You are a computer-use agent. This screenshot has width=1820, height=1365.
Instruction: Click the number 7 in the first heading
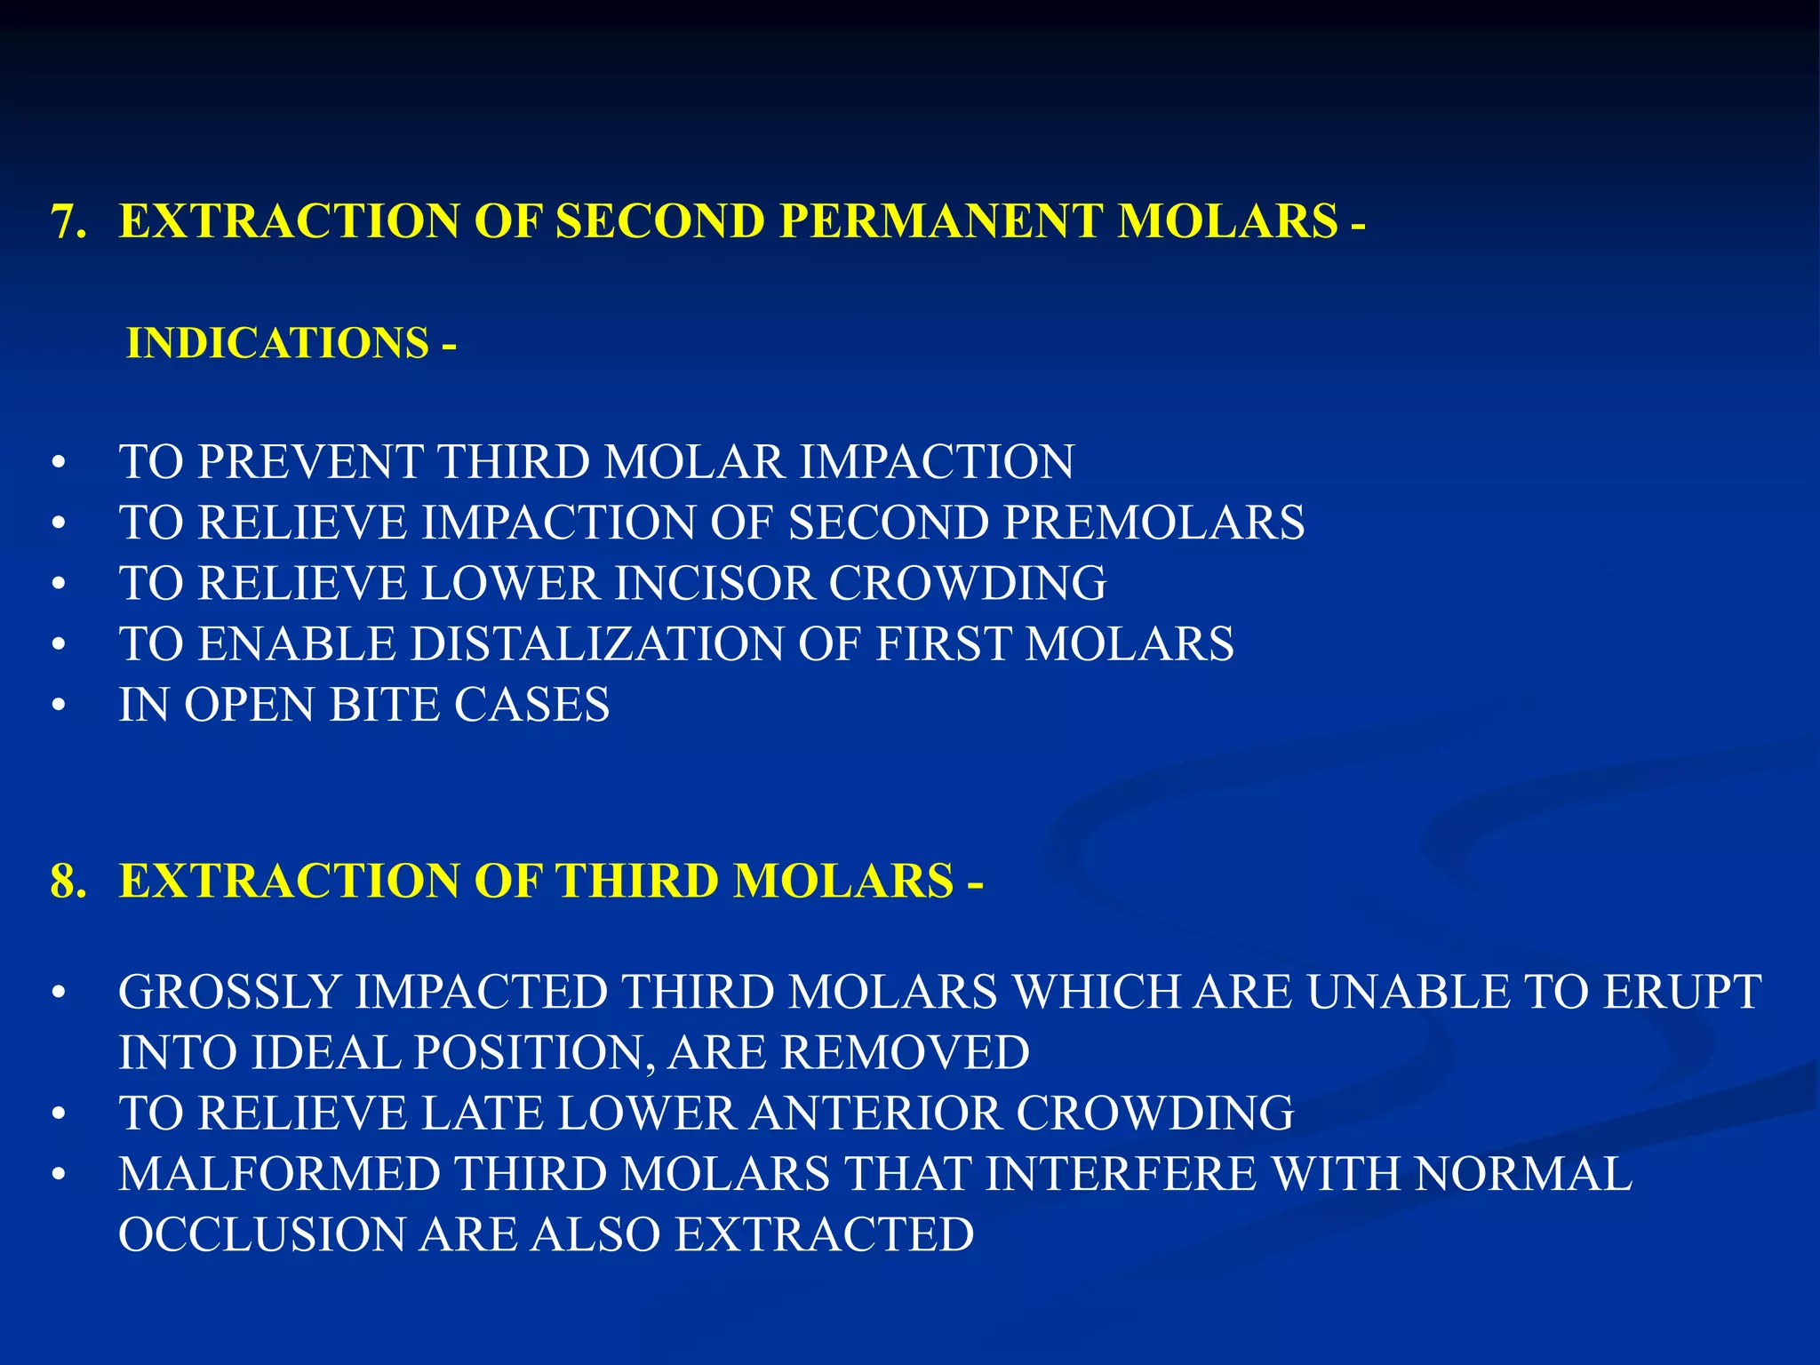click(62, 222)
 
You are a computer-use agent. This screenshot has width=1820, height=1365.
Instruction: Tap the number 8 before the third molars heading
click(62, 882)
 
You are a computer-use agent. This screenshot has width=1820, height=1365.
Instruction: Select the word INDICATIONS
click(278, 344)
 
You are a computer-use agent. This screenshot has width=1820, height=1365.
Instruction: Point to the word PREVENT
click(309, 462)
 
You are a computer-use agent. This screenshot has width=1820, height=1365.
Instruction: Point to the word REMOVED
click(905, 1053)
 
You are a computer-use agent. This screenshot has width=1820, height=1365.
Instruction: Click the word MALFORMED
click(280, 1175)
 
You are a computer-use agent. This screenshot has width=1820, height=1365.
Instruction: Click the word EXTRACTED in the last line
click(824, 1235)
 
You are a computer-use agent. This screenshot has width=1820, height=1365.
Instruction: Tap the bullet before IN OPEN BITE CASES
click(60, 706)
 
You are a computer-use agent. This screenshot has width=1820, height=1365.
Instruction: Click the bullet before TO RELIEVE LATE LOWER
click(60, 1114)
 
